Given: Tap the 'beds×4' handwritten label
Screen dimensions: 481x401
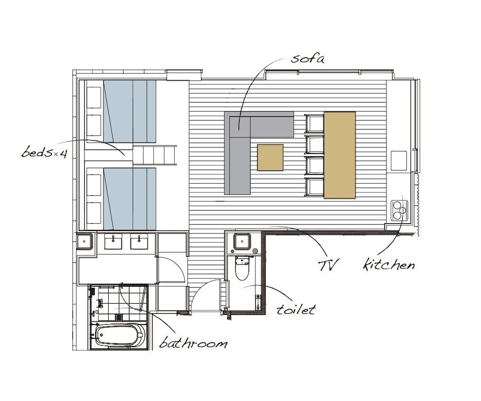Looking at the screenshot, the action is (44, 152).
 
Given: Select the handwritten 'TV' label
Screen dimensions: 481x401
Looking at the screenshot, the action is (328, 265).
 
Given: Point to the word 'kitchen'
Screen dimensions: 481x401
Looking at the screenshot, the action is (389, 264).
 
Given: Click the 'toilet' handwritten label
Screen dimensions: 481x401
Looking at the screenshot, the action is (296, 309).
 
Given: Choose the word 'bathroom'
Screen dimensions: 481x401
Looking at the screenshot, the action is (193, 342).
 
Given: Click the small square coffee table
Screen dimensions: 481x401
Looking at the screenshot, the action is (270, 157).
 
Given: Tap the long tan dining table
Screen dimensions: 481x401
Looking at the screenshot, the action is (340, 155).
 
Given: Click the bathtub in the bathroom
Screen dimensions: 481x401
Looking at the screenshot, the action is (119, 335).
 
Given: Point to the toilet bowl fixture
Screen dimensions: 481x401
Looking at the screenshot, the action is (242, 268).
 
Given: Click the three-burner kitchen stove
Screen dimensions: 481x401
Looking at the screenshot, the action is (399, 210).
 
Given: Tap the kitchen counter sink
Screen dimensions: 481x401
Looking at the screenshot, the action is (399, 160).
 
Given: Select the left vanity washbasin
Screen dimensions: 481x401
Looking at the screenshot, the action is (113, 241).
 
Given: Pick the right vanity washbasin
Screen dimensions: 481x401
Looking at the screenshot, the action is (139, 241).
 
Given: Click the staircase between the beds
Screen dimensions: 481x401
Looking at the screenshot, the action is (154, 155).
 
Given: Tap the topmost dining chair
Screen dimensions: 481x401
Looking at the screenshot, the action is (314, 123).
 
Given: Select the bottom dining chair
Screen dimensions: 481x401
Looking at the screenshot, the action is (314, 187).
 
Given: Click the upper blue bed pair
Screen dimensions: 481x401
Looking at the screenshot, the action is (130, 111).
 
